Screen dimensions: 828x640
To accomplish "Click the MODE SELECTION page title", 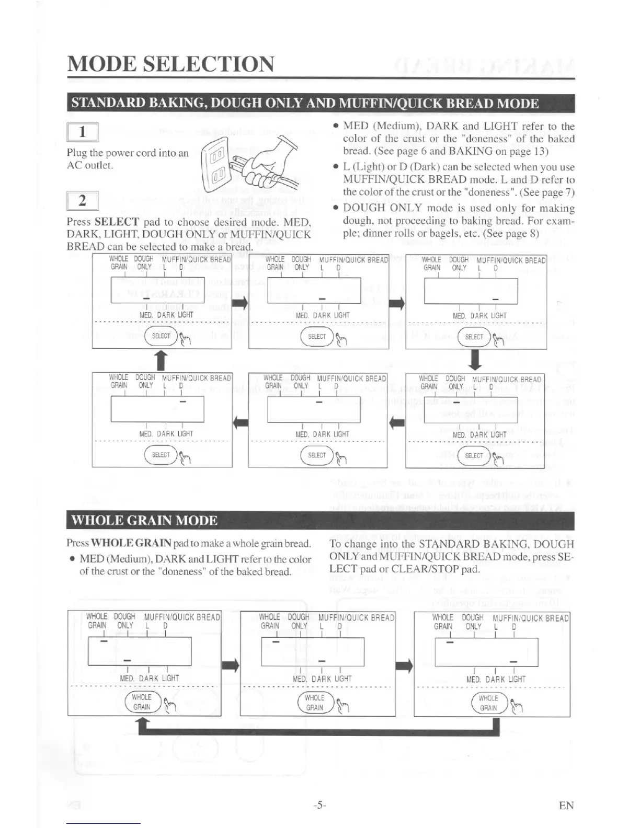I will [x=170, y=64].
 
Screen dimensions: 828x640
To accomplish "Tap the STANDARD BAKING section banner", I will [x=304, y=103].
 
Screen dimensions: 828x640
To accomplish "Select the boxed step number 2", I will [x=82, y=201].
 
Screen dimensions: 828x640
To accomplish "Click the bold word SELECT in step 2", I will [x=117, y=222].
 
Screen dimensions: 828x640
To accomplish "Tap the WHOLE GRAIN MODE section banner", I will [x=144, y=521].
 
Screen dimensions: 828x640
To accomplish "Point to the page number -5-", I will [x=319, y=806].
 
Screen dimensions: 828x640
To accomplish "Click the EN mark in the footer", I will [x=566, y=806].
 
